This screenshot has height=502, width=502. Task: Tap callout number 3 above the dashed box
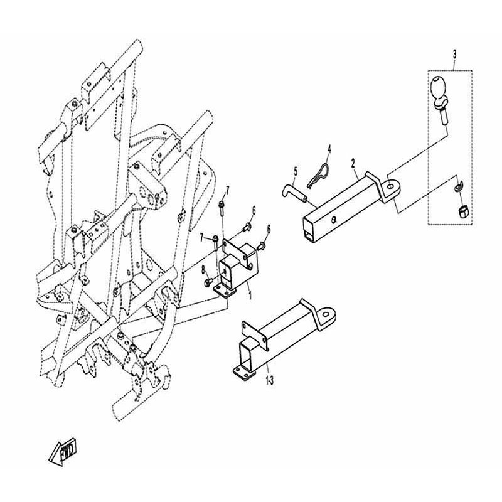454,55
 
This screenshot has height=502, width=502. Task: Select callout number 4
329,149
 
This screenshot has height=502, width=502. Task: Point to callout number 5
296,171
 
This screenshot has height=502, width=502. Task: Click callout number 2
353,163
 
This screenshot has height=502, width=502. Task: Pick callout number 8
202,272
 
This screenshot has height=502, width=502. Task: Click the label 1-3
270,381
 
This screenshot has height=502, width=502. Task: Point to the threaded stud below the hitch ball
443,117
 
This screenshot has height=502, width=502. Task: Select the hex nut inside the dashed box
463,212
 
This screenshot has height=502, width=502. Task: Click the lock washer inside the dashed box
459,186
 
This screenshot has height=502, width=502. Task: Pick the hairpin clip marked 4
318,176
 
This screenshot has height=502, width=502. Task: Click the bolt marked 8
209,281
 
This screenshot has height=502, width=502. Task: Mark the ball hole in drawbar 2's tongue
390,186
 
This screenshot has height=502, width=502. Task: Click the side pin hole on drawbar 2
334,220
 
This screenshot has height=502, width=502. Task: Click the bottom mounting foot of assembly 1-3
245,373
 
